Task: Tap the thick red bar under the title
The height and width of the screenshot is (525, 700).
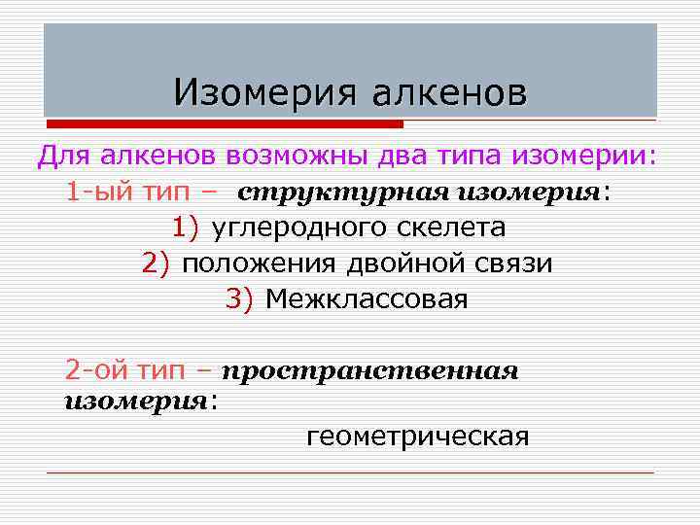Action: point(224,123)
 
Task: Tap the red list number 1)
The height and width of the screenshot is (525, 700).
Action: point(186,227)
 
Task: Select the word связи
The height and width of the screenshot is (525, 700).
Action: point(517,263)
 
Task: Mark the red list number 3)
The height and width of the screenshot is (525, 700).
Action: point(239,298)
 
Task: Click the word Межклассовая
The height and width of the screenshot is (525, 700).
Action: point(367,298)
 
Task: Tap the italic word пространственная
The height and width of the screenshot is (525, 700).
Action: point(370,371)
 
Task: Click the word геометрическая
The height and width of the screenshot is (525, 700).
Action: point(418,437)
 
